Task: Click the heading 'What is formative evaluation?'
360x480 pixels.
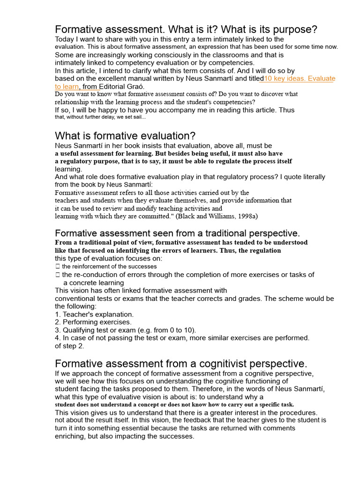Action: coord(125,136)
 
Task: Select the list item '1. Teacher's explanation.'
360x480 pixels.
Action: coord(94,315)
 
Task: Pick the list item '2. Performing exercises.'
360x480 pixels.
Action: coord(93,322)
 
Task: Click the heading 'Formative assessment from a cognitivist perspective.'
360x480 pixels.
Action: coord(181,364)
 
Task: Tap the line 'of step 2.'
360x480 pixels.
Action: coord(69,346)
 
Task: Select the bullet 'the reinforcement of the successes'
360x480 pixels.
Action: coord(109,266)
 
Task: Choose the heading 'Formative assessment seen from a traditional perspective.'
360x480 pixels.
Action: coord(177,233)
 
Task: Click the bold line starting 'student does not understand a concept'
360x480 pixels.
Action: coord(174,405)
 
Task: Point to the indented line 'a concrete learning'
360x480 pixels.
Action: coord(94,283)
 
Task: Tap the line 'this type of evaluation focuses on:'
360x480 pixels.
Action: coord(109,258)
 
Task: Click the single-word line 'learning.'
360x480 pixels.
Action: coord(68,169)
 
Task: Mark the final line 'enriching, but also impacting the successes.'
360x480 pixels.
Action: coord(124,436)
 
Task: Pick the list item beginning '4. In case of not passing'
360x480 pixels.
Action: coord(182,338)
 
